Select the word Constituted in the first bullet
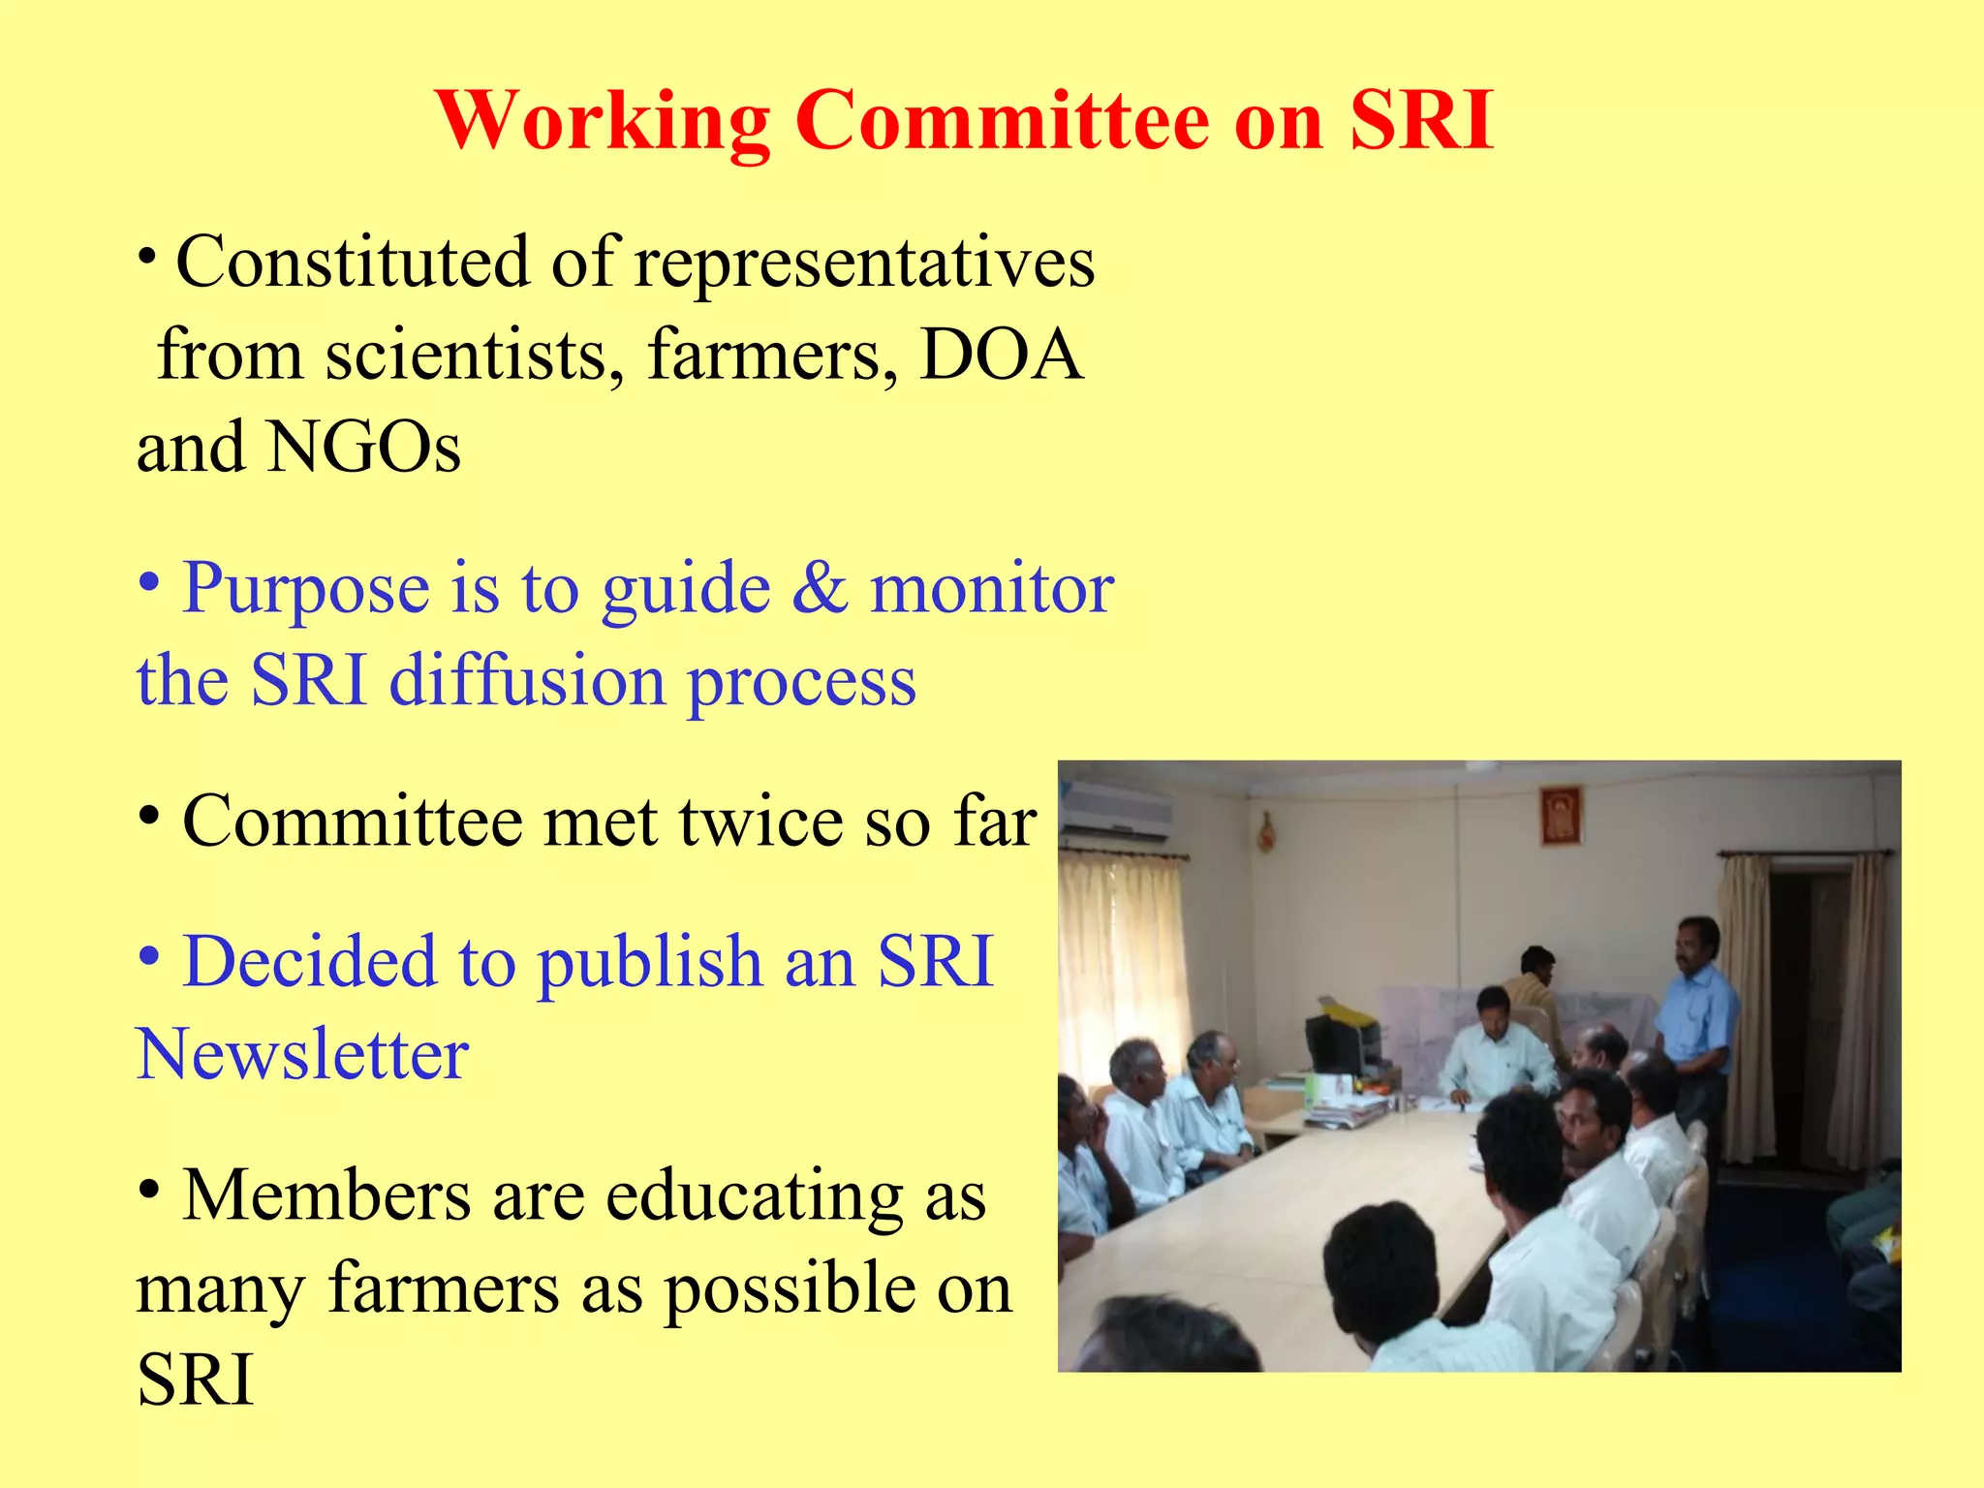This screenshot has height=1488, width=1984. [353, 263]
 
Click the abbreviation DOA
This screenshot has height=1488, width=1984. [1001, 355]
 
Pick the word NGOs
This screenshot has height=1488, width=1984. [363, 448]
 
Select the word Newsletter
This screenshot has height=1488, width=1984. [303, 1054]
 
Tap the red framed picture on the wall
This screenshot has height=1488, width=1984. [1561, 815]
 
